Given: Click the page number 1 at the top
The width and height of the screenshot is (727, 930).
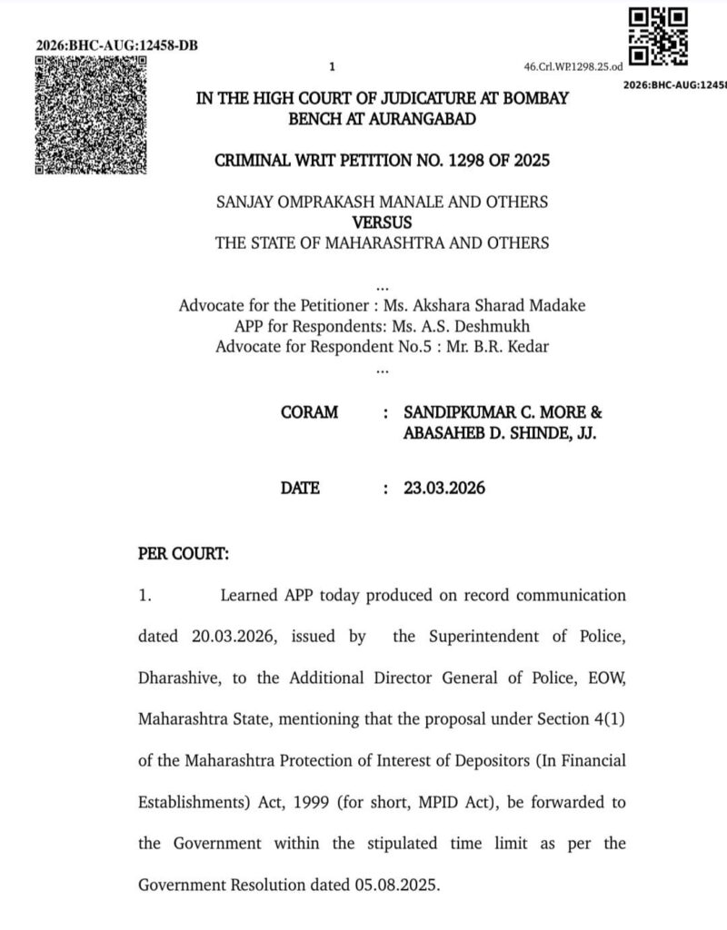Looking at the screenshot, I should [x=333, y=66].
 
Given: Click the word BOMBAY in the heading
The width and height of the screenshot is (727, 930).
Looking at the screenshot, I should [x=536, y=98].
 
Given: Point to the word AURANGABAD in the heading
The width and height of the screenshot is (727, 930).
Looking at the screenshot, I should [x=424, y=119].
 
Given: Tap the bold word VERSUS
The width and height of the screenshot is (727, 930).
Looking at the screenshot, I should [x=382, y=222].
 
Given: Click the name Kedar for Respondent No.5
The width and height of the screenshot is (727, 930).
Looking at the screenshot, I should [x=529, y=347].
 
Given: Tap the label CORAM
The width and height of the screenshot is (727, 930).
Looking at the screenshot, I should [x=310, y=412].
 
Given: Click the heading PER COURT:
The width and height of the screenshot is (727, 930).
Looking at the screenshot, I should [x=184, y=553].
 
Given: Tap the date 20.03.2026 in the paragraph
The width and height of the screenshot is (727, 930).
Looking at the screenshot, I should [x=229, y=637].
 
